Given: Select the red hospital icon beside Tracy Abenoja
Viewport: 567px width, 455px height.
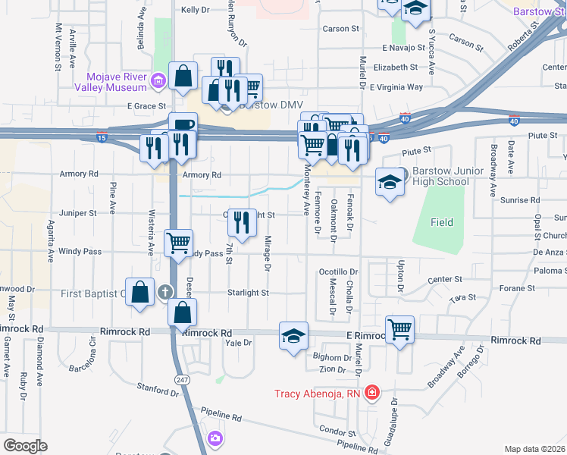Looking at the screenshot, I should [372, 393].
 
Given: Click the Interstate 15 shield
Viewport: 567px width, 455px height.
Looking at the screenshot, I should [102, 139].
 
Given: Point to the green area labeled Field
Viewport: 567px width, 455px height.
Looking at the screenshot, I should [442, 222].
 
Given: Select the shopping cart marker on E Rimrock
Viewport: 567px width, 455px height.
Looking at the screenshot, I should [399, 328].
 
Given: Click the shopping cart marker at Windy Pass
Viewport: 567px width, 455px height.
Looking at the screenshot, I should [178, 243].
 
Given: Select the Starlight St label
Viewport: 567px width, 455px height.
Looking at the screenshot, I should [249, 292].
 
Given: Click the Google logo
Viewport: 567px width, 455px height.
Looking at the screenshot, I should [25, 446].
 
